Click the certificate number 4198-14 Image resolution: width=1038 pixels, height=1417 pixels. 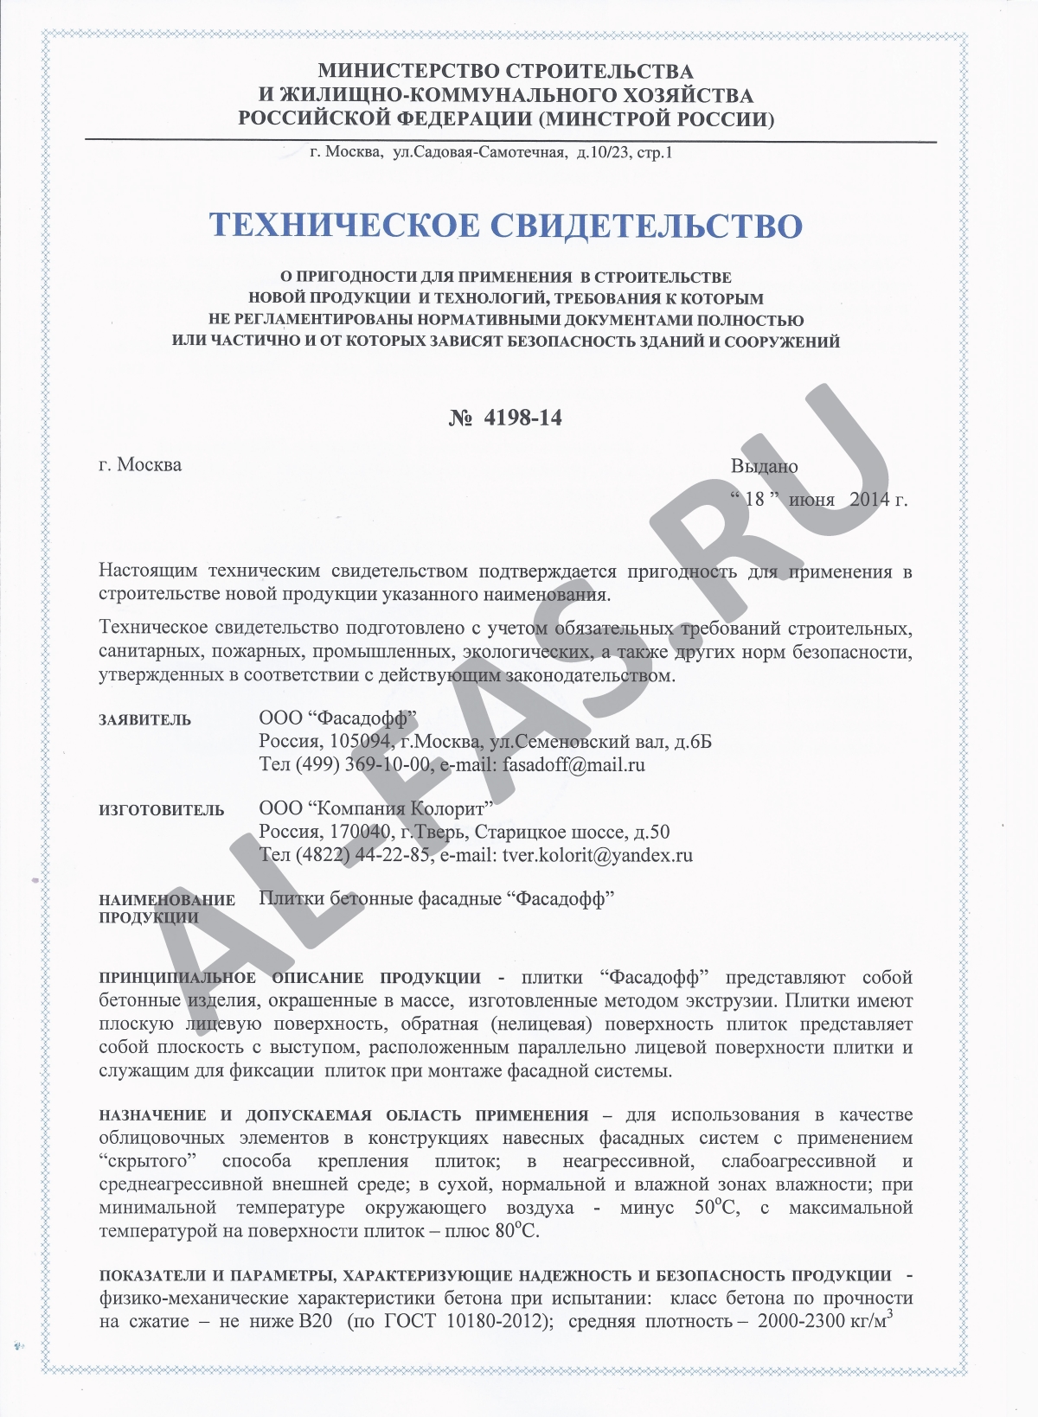[522, 418]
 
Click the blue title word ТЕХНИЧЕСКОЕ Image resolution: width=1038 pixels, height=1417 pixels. [343, 226]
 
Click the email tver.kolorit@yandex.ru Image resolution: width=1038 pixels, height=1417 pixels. [597, 856]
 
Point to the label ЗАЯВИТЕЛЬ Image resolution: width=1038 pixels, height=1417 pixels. [144, 720]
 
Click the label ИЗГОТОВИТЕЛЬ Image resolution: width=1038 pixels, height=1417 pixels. [161, 811]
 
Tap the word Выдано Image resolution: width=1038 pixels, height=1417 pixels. [764, 467]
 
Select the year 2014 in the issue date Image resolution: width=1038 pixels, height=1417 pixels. [870, 500]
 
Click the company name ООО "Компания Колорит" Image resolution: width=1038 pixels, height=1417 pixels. [376, 809]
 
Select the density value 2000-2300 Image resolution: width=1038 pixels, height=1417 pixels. [804, 1322]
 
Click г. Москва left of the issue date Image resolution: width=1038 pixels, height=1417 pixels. [140, 465]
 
